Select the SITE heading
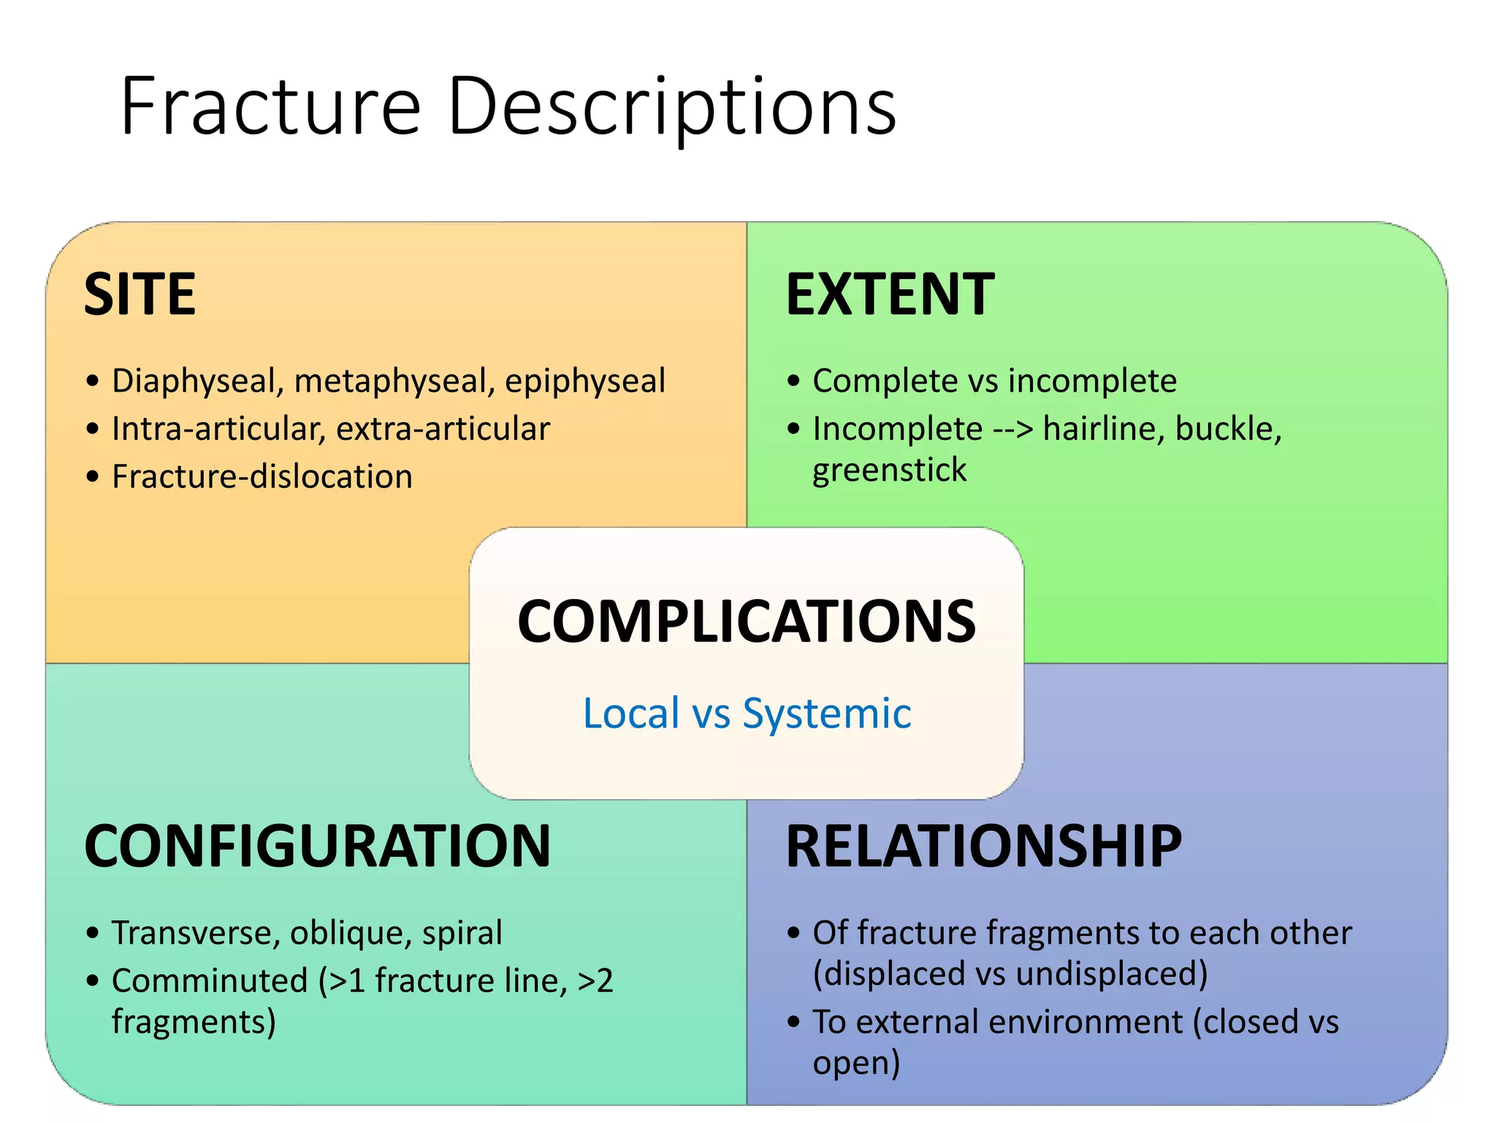pos(140,294)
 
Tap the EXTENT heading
pos(890,294)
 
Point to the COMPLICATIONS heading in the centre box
pos(746,622)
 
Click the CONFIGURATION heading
pos(317,846)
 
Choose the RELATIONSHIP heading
pos(983,846)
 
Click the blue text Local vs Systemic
pos(747,713)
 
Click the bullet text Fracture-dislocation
pos(262,476)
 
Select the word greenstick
pos(889,470)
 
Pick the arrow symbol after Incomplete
pos(1013,429)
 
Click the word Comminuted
pos(210,980)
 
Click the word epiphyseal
pos(585,381)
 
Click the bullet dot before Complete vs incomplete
pos(794,381)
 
